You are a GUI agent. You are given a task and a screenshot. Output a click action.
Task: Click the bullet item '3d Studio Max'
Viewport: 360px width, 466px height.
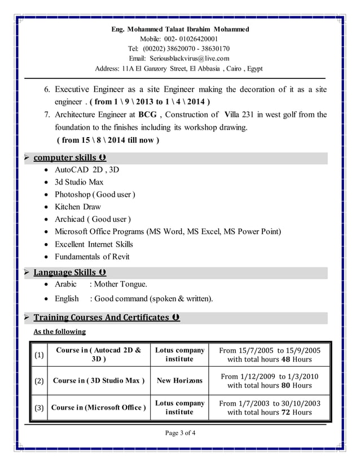[x=79, y=182]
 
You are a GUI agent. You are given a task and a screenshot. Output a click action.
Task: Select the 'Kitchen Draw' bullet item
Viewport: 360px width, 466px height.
[x=77, y=206]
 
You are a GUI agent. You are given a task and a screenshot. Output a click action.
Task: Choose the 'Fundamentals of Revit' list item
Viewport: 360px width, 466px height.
[x=92, y=257]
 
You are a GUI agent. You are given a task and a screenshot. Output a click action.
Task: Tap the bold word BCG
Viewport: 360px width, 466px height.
[x=148, y=115]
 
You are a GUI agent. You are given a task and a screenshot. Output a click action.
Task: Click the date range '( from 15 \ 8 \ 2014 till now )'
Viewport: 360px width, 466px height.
[x=108, y=140]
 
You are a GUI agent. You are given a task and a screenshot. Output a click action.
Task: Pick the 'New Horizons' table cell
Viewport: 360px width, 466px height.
[x=179, y=381]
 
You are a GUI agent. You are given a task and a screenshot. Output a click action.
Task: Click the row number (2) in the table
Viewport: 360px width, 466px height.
[x=39, y=381]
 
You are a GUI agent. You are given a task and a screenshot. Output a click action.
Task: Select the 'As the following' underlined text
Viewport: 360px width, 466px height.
[x=59, y=332]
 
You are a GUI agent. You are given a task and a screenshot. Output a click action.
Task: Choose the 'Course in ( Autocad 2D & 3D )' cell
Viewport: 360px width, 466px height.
[x=99, y=354]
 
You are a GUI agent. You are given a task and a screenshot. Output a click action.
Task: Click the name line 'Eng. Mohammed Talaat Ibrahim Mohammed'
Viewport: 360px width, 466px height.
[x=179, y=29]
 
